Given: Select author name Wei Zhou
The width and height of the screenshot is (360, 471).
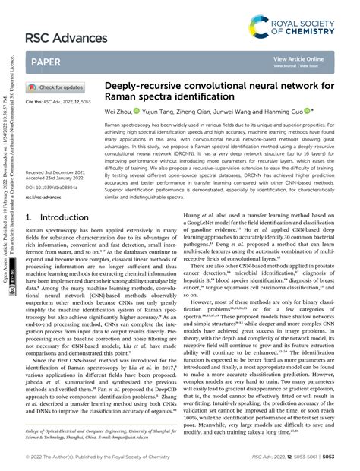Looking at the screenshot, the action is pos(121,111).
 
